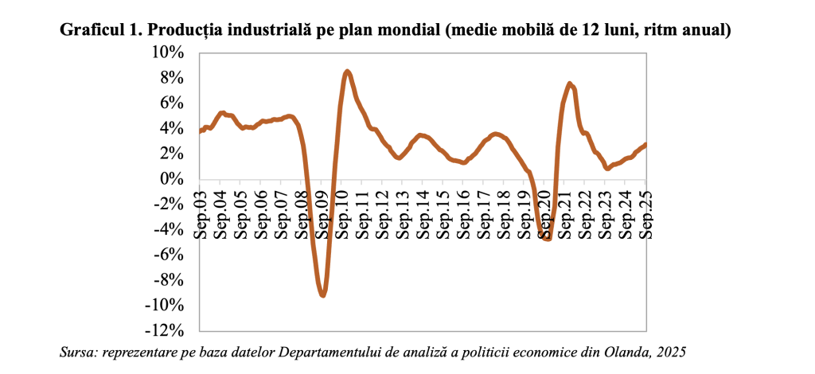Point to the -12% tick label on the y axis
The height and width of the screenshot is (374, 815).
click(x=167, y=330)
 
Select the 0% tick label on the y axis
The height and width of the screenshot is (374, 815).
click(x=174, y=179)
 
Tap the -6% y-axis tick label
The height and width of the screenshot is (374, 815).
click(x=170, y=255)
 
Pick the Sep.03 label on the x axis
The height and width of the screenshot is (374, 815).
click(x=201, y=213)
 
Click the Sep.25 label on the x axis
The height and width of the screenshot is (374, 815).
click(x=645, y=213)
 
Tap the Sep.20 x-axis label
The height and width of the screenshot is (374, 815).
click(x=544, y=213)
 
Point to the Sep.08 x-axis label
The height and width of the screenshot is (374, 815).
click(x=302, y=213)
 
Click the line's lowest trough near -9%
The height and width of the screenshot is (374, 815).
click(x=322, y=295)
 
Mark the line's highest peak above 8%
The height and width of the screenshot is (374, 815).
click(x=347, y=72)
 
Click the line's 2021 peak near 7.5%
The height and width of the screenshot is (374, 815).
click(x=570, y=84)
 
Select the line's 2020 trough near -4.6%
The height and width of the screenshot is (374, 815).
click(x=546, y=238)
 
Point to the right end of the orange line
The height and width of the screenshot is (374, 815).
click(x=645, y=144)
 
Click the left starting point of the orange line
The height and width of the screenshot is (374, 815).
click(x=200, y=131)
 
